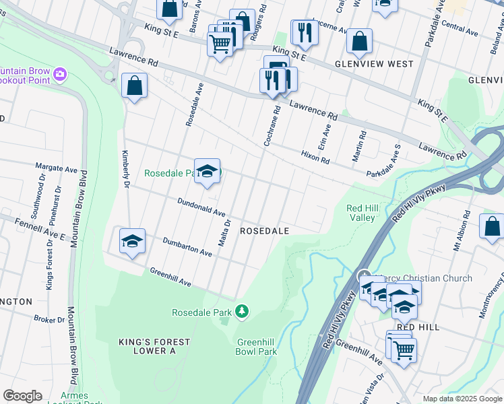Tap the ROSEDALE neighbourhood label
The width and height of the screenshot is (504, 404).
[x=265, y=231]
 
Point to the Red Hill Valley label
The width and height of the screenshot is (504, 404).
[x=360, y=213]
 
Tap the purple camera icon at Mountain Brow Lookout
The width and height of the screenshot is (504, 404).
[x=60, y=73]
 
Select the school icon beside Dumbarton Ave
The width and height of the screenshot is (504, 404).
[x=133, y=241]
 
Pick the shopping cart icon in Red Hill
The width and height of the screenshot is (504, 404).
[x=404, y=349]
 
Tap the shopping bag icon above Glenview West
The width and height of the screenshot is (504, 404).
[x=360, y=41]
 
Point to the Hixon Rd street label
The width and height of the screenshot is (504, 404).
[x=315, y=157]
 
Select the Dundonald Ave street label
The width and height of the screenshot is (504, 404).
[x=201, y=207]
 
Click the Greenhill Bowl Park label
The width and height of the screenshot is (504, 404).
[x=257, y=347]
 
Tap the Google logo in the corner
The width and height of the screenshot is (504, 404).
[x=22, y=396]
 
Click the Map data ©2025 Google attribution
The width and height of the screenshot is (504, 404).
[x=462, y=399]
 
